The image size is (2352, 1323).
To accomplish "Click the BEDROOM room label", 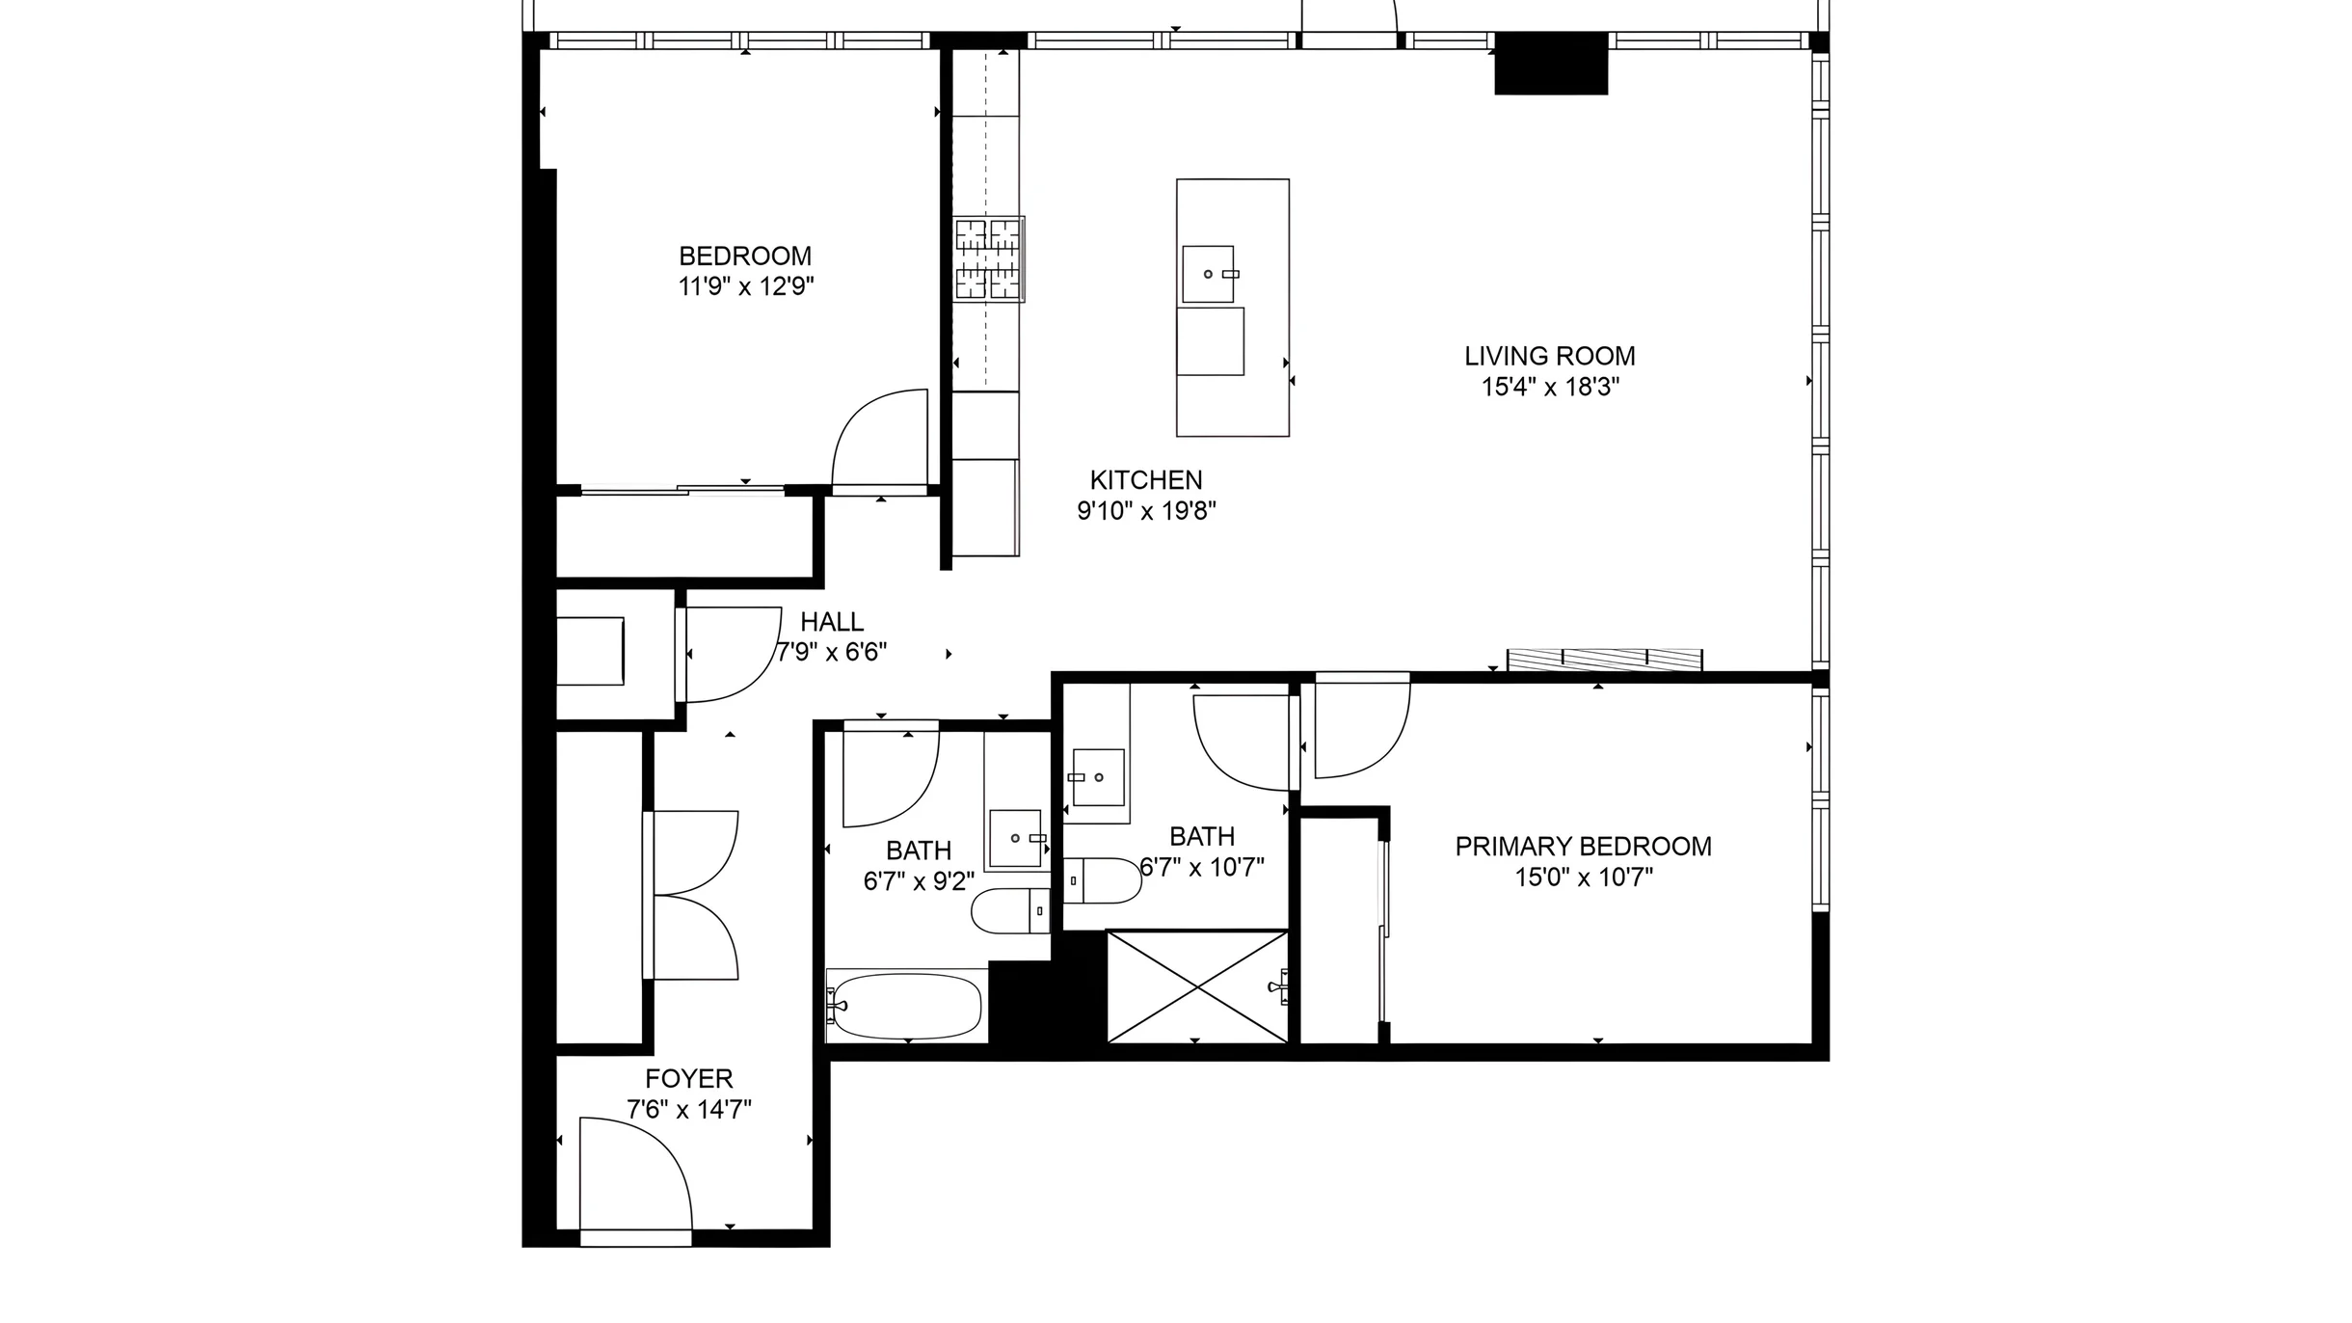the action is tap(745, 256).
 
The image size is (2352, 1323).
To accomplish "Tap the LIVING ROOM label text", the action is tap(1550, 357).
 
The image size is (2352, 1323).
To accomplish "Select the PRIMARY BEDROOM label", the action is tap(1584, 847).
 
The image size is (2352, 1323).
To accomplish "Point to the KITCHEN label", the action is tap(1146, 480).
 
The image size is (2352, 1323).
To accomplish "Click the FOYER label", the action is tap(689, 1078).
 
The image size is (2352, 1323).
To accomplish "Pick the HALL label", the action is tap(832, 622).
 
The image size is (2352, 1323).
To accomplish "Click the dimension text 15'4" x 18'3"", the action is tap(1550, 388).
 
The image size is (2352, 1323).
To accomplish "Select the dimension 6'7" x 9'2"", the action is tap(919, 881).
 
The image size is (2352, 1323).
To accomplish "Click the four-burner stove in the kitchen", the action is tap(989, 259).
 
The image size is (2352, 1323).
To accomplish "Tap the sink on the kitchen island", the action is tap(1209, 274).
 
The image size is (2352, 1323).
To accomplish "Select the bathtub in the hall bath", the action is tap(905, 1006).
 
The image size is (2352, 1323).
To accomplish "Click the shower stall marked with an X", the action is tap(1197, 986).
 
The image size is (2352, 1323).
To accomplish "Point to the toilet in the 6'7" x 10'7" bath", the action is tap(1103, 880).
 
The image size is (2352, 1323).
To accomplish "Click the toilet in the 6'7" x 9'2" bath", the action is tap(1010, 911).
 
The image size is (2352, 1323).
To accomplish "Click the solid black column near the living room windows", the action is tap(1551, 63).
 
